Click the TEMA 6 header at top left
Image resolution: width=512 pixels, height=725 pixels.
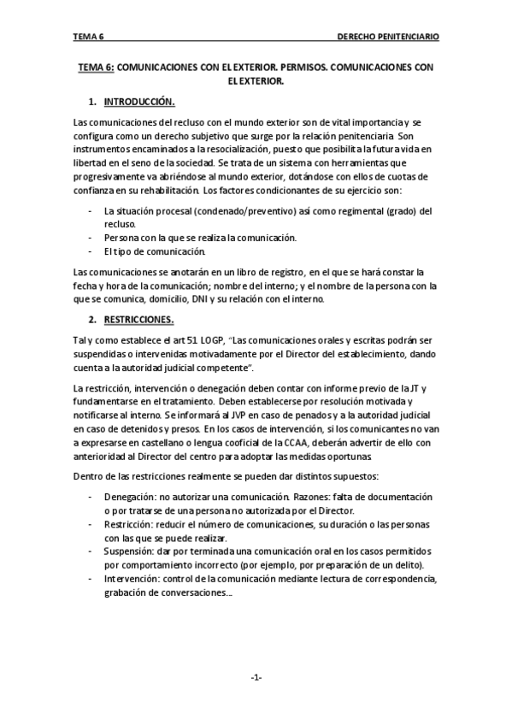[x=87, y=38]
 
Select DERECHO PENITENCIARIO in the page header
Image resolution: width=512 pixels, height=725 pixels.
[x=388, y=38]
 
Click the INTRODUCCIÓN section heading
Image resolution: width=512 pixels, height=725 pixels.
[x=139, y=103]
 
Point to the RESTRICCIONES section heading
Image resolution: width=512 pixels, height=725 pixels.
[x=138, y=321]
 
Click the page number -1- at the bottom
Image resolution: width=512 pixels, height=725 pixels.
[x=256, y=677]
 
